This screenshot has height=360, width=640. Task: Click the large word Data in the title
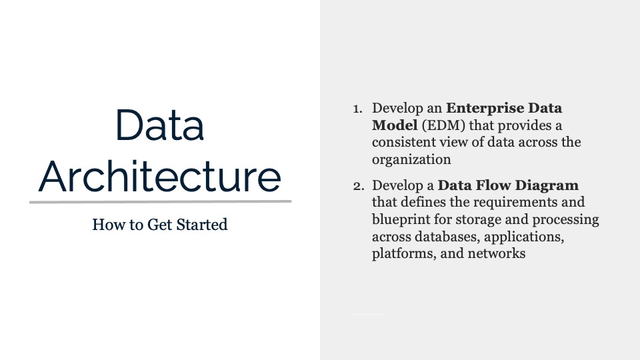click(x=159, y=125)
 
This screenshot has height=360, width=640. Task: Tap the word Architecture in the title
click(x=159, y=176)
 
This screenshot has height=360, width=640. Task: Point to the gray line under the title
click(x=161, y=201)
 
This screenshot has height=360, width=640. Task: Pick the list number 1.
click(x=357, y=109)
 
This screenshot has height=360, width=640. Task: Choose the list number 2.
click(x=359, y=186)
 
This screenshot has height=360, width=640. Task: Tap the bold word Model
click(x=395, y=125)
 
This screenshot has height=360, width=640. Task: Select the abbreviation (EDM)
click(x=443, y=125)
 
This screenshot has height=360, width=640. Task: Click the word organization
click(x=411, y=159)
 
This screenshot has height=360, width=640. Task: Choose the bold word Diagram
click(x=547, y=186)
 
